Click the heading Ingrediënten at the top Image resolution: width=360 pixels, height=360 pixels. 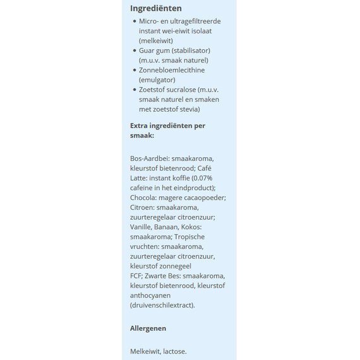point(155,8)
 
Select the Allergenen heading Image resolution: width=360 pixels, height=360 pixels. point(148,328)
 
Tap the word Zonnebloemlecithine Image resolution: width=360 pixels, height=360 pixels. point(171,70)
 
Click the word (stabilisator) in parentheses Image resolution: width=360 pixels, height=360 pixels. point(189,51)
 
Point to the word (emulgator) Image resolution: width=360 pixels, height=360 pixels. point(157,80)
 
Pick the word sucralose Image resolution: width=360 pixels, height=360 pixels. point(183,90)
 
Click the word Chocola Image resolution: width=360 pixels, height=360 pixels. point(143,198)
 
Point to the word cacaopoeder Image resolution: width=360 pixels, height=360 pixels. point(205,198)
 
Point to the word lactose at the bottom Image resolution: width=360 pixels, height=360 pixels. point(174,351)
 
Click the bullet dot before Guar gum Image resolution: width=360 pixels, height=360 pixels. point(135,51)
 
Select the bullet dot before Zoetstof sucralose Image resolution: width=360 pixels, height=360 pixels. point(135,90)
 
